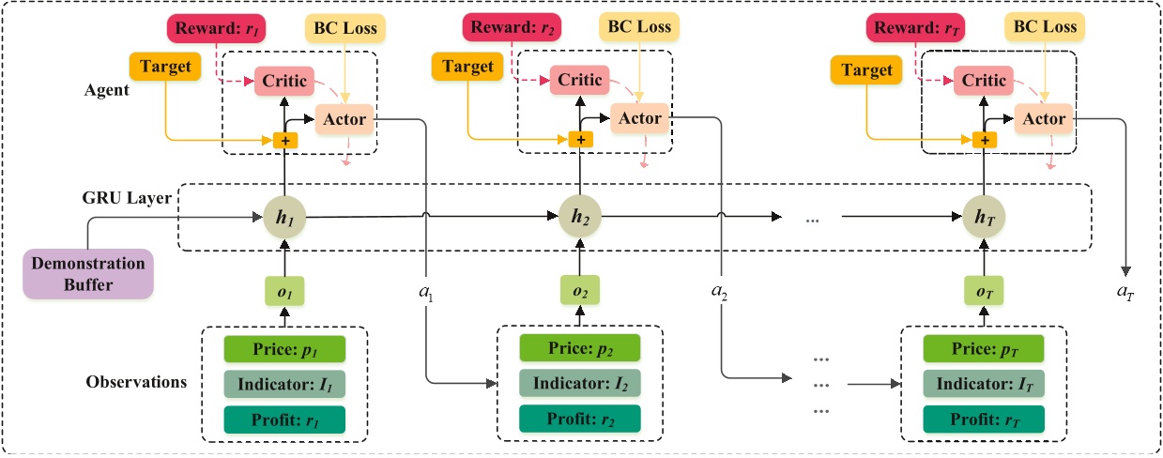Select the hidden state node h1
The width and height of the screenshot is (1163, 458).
pos(283,217)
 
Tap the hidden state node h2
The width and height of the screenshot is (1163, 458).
pos(578,217)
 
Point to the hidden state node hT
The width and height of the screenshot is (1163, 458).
pos(983,217)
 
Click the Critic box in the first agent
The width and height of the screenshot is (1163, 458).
pos(284,81)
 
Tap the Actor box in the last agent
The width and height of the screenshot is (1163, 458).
pos(1045,118)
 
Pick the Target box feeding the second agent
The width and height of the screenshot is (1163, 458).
pos(468,67)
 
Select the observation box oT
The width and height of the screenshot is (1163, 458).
pos(983,293)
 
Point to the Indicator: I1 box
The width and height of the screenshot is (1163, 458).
pos(284,383)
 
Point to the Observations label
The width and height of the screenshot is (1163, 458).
pos(136,383)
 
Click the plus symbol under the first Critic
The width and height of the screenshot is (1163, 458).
pos(284,140)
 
